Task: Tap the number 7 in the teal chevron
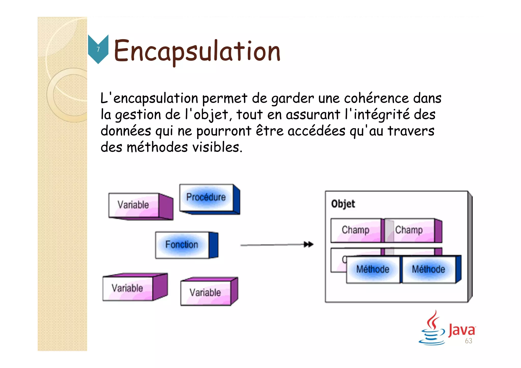click(x=98, y=49)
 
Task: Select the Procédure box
click(x=206, y=197)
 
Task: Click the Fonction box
click(x=182, y=245)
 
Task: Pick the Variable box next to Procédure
click(x=134, y=205)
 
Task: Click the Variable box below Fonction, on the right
click(x=206, y=292)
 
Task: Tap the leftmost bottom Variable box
click(x=127, y=288)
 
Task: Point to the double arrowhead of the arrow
click(x=309, y=244)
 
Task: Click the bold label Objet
click(x=343, y=204)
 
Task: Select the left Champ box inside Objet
click(x=356, y=230)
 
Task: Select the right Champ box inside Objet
click(x=409, y=230)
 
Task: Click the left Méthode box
click(x=373, y=269)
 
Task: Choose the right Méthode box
click(x=429, y=269)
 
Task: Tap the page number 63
click(x=469, y=341)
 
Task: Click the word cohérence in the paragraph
click(x=376, y=98)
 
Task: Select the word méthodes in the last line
click(x=157, y=147)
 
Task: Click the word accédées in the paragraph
click(x=316, y=131)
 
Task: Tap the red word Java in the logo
click(x=461, y=330)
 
